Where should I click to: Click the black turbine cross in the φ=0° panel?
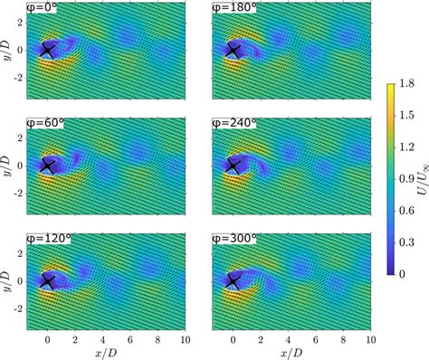[48, 51]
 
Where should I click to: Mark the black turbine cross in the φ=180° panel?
[234, 51]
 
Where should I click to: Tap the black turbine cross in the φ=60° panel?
[48, 166]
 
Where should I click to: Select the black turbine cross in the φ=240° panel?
[234, 166]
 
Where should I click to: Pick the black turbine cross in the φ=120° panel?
[48, 281]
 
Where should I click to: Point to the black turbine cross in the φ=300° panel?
[234, 281]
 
